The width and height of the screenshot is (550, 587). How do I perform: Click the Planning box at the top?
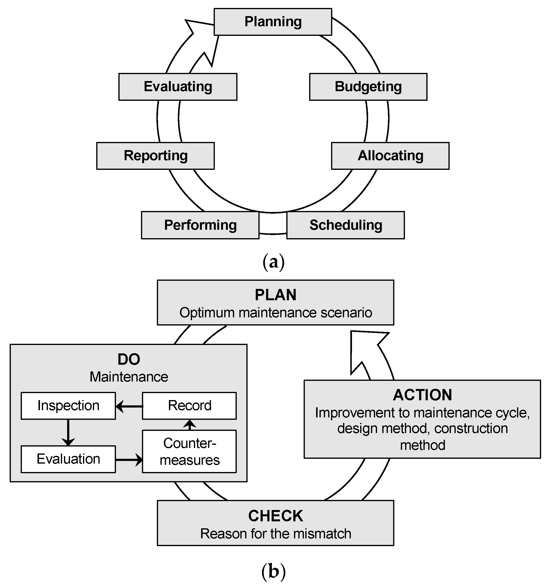[273, 22]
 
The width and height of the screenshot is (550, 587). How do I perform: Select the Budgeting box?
[368, 87]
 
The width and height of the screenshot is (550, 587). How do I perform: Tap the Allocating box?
[390, 156]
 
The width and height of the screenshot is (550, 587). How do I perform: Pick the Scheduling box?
[345, 225]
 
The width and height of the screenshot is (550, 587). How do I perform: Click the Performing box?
[200, 225]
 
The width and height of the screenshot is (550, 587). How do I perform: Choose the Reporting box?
[156, 156]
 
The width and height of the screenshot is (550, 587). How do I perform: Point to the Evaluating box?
[178, 87]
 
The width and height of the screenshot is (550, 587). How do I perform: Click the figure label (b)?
[273, 571]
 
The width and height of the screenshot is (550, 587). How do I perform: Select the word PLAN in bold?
[275, 295]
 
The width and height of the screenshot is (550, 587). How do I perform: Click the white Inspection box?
[68, 406]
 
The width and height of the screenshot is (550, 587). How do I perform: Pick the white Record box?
[189, 406]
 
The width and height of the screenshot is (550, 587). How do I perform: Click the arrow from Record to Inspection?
[129, 407]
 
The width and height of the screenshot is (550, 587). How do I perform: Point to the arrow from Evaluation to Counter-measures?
[129, 460]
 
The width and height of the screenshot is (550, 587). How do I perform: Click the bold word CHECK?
[275, 516]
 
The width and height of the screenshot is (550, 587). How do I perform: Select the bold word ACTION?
[422, 395]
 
